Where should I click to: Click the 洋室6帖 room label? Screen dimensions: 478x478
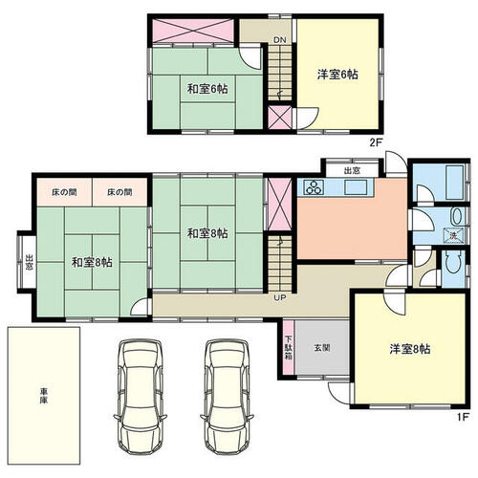click(x=337, y=75)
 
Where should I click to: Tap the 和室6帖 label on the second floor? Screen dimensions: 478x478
click(x=207, y=89)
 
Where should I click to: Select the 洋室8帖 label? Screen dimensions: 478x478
click(x=410, y=349)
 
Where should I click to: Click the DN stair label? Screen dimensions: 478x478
click(x=280, y=40)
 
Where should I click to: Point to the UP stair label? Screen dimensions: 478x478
click(x=280, y=298)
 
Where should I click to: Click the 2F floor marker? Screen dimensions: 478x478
click(x=376, y=142)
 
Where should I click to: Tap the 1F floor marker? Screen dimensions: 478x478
click(x=463, y=417)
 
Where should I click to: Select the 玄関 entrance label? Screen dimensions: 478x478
click(x=322, y=348)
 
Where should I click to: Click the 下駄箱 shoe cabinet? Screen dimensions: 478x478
click(x=289, y=347)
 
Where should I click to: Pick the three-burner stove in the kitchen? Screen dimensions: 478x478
click(x=315, y=186)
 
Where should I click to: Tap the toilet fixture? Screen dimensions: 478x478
click(x=454, y=262)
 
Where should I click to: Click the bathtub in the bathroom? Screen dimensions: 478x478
click(x=454, y=183)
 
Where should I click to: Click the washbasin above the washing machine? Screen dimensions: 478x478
click(x=456, y=216)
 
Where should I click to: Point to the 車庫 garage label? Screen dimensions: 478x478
click(x=44, y=396)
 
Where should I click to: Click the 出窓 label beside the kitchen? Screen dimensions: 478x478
click(x=352, y=171)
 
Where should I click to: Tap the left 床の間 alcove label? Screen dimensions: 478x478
click(x=64, y=192)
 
